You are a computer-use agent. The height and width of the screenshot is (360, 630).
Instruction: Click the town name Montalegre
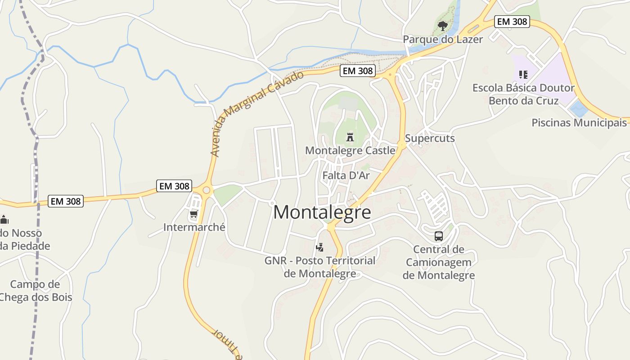(322, 212)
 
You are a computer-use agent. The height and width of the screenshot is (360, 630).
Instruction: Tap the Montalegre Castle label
(350, 150)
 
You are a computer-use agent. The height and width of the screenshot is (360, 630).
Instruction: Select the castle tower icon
(350, 137)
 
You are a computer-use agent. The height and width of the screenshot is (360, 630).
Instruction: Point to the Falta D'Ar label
(346, 175)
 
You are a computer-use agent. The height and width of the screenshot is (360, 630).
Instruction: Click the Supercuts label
(430, 138)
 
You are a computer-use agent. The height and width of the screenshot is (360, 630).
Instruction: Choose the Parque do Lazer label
(443, 39)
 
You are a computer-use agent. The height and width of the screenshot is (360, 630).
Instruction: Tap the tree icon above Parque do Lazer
(443, 26)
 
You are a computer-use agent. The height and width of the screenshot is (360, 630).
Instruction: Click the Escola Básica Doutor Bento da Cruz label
(523, 94)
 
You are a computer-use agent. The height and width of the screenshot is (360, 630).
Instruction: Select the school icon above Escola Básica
(523, 74)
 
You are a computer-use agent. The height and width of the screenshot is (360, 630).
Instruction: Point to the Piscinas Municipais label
(579, 122)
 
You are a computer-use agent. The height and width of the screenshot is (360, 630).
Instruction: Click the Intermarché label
(194, 227)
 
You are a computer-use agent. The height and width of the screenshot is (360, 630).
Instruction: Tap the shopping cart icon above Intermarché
(194, 214)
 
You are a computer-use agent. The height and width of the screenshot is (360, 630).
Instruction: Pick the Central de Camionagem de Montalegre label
(439, 262)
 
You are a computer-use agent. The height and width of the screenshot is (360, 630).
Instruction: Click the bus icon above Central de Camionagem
(438, 236)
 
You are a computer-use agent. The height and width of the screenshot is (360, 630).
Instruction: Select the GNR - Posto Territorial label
(320, 267)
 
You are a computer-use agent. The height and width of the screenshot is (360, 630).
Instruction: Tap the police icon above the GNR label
(320, 247)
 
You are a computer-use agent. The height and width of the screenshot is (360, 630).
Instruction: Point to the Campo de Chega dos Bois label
(35, 291)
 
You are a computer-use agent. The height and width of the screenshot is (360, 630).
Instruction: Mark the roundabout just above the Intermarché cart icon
(207, 190)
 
